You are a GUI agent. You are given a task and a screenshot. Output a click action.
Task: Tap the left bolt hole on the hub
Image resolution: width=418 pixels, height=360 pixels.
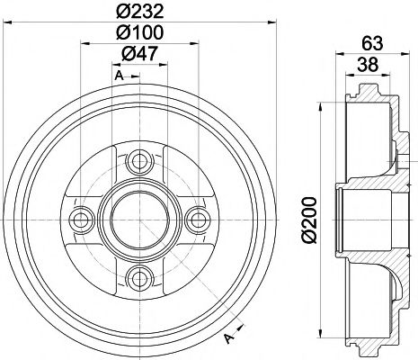(81, 219)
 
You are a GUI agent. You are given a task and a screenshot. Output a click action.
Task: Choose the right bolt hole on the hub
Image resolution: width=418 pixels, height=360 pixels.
(195, 219)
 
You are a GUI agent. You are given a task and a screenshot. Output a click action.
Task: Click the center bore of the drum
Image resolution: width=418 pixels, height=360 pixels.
(138, 219)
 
